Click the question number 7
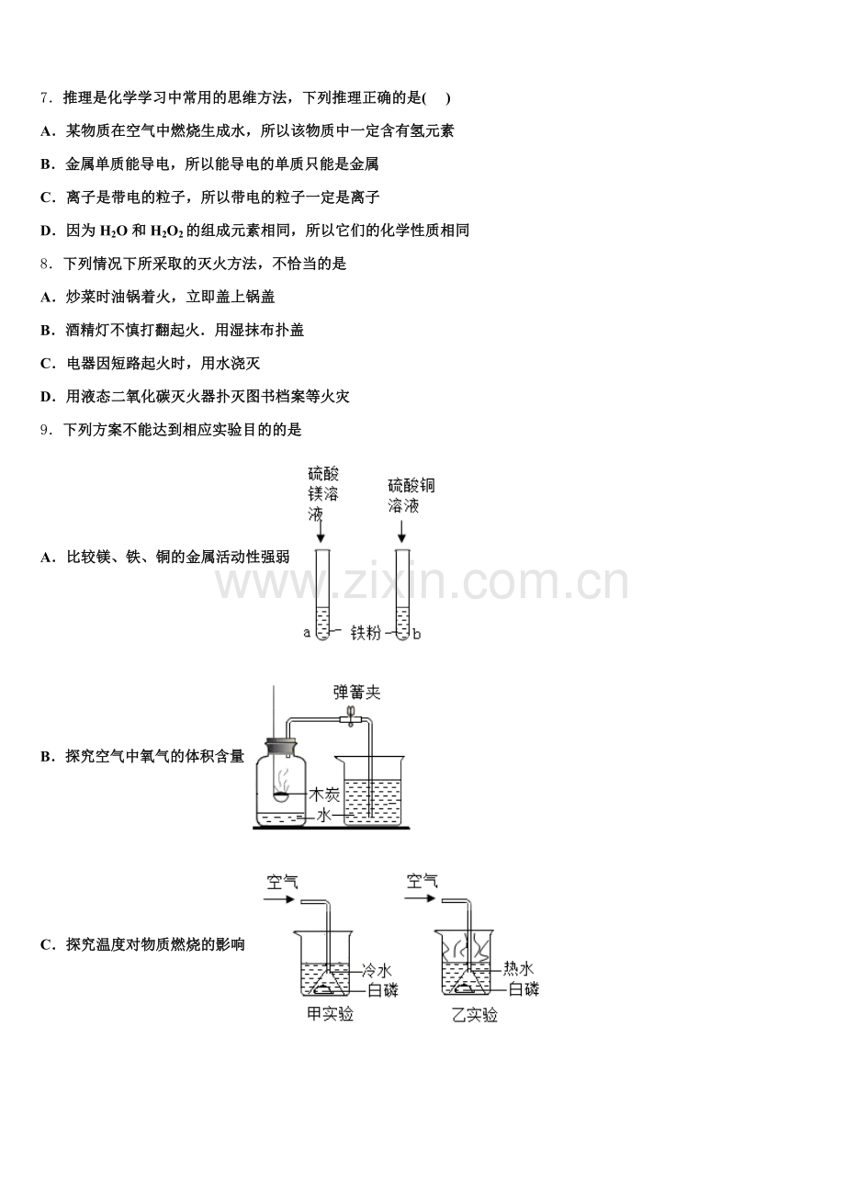click(44, 97)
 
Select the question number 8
click(44, 264)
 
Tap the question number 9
click(44, 429)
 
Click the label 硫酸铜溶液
click(411, 496)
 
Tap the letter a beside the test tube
click(307, 632)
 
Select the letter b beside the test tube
click(417, 633)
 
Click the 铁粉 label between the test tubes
click(366, 633)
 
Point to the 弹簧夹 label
click(356, 693)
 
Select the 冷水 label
click(377, 969)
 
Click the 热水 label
click(519, 968)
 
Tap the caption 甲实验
click(330, 1014)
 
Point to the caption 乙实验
click(474, 1014)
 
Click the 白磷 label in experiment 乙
click(524, 989)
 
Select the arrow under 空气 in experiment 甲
click(277, 899)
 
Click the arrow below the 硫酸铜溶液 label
click(401, 532)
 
